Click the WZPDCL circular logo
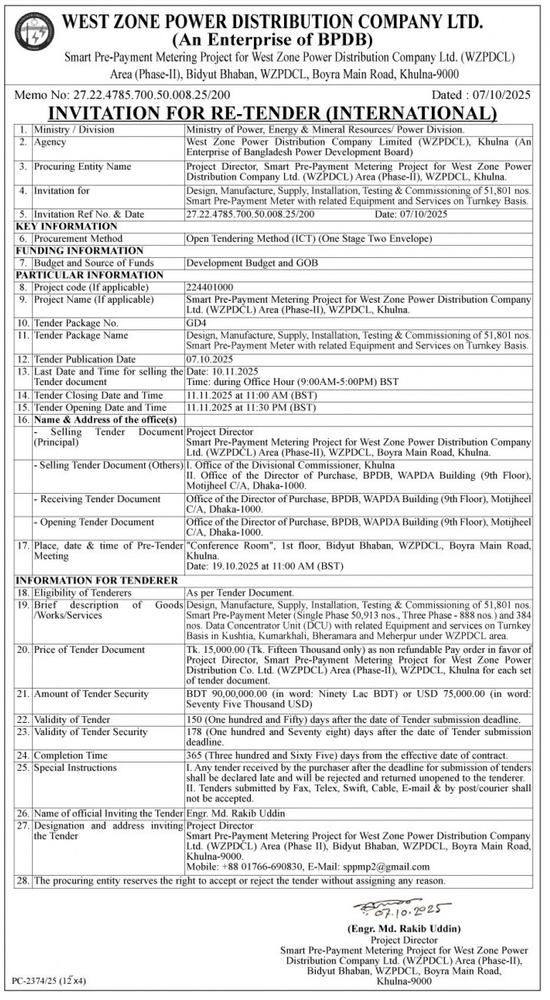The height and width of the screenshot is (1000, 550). tap(34, 32)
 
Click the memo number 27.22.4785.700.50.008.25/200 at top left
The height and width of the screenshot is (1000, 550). tap(151, 95)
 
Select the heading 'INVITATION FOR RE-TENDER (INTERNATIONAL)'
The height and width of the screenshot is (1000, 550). tap(272, 113)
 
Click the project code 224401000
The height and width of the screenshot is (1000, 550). tap(210, 287)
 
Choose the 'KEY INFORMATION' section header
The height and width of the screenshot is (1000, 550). tap(67, 226)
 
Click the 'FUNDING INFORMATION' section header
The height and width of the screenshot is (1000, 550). tap(80, 251)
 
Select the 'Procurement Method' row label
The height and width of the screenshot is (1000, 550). tap(78, 239)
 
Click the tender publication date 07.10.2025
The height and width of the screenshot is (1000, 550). tap(210, 360)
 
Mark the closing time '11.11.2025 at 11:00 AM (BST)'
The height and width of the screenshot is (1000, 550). tap(252, 396)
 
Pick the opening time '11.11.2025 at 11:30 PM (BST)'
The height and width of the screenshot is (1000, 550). tap(252, 407)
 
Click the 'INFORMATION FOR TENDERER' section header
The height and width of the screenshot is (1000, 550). tap(97, 581)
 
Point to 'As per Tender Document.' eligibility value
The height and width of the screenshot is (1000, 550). tap(240, 593)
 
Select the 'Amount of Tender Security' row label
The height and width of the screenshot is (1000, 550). tap(91, 694)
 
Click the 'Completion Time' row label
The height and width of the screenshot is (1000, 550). tap(71, 756)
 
